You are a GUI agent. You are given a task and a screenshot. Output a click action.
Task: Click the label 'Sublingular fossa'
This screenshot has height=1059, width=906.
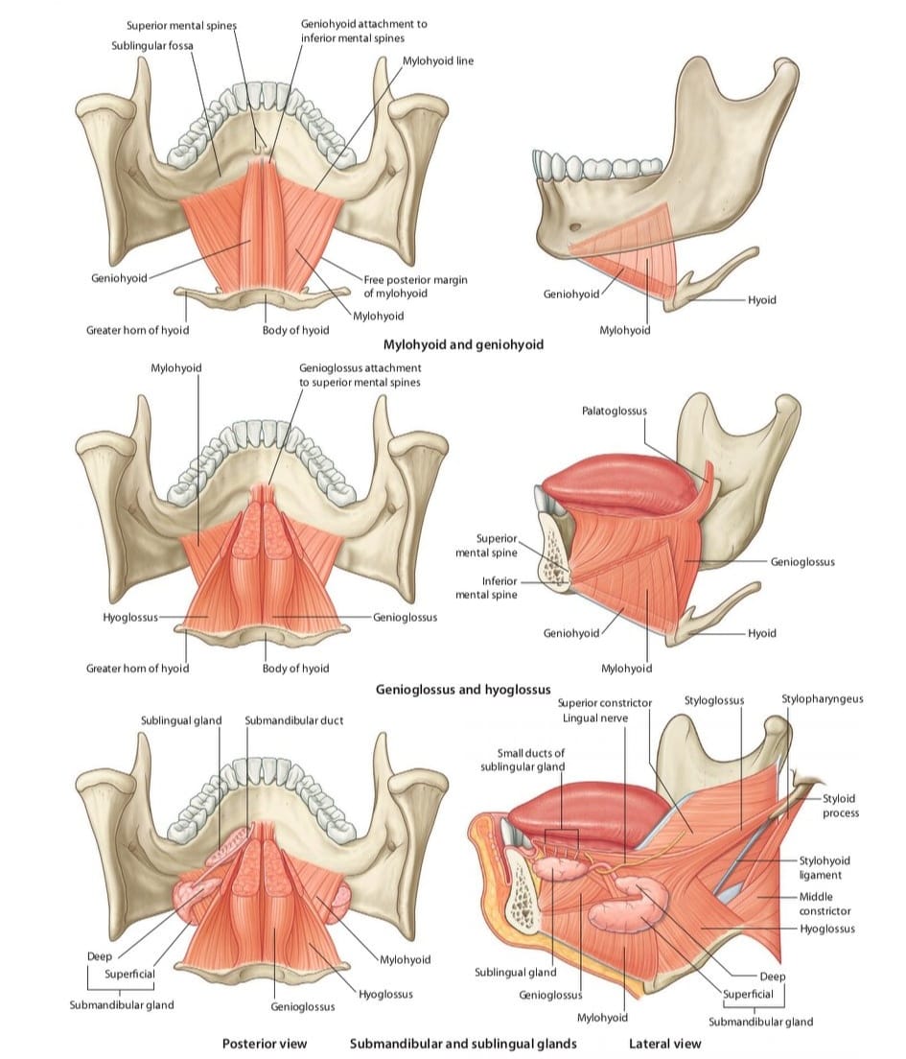[x=151, y=45]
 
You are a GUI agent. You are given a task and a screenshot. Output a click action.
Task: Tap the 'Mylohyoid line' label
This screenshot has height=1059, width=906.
[x=438, y=60]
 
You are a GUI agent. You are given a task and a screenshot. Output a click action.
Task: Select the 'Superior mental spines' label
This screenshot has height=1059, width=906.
[x=181, y=26]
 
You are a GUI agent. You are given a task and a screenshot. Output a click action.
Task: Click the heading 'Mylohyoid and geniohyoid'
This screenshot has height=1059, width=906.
[x=463, y=344]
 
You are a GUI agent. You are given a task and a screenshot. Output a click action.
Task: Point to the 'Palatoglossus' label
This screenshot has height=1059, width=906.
[x=615, y=411]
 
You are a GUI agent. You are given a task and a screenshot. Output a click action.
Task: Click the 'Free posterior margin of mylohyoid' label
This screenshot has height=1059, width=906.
[x=415, y=287]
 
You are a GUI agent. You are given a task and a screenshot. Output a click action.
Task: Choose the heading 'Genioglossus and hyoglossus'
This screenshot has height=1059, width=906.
[x=463, y=690]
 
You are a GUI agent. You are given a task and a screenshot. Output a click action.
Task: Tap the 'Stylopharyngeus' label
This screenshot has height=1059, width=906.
[x=823, y=699]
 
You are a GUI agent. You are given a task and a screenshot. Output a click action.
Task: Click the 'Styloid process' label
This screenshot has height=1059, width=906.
[x=840, y=806]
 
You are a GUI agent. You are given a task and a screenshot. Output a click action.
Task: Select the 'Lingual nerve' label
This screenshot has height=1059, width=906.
[x=595, y=718]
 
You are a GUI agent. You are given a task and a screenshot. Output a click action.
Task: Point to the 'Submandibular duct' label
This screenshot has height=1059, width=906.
[x=293, y=720]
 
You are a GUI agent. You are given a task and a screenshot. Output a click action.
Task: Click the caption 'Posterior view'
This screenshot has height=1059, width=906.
[x=265, y=1044]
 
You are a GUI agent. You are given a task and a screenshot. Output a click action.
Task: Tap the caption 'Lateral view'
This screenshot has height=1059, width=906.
[x=665, y=1044]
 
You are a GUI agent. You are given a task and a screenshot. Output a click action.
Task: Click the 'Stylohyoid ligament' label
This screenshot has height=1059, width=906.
[x=825, y=868]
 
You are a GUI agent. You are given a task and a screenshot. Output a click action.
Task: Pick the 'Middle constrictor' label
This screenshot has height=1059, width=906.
[x=825, y=904]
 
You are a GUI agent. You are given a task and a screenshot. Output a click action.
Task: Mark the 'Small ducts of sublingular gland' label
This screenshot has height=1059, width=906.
[x=523, y=760]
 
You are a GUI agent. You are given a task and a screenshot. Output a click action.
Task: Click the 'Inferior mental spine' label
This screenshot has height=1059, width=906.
[x=486, y=588]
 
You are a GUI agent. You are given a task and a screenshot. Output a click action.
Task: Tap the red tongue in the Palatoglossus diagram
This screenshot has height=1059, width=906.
[x=621, y=485]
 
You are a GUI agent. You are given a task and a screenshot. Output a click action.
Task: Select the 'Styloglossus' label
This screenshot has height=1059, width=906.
[x=714, y=701]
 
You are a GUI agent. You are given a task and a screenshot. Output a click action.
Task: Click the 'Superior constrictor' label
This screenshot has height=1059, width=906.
[x=605, y=703]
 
